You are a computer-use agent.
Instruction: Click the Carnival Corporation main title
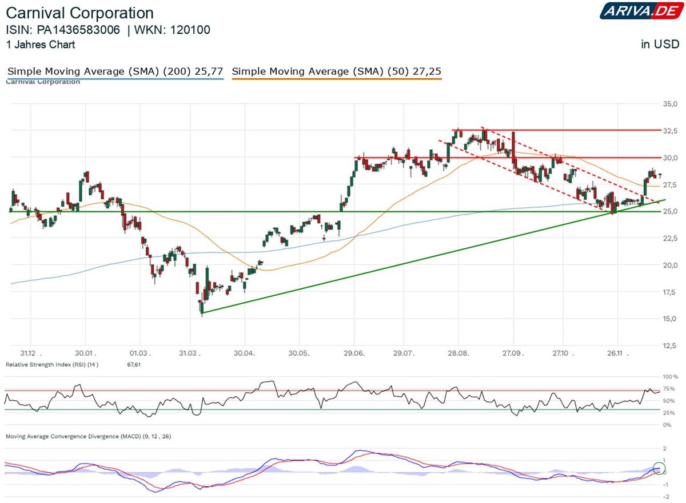tap(79, 13)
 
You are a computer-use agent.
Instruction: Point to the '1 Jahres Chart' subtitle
tap(41, 45)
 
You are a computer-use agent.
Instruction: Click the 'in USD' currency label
tap(660, 45)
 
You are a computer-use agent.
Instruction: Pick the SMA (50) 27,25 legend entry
tap(337, 71)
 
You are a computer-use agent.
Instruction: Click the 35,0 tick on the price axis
tap(669, 104)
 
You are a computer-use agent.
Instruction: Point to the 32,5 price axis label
tap(669, 131)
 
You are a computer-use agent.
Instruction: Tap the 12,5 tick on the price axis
tap(669, 345)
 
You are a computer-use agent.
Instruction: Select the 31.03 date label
tap(191, 353)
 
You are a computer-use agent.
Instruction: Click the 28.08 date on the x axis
tap(458, 353)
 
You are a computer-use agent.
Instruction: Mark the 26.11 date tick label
tap(616, 353)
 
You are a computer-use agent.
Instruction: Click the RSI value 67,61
tap(133, 364)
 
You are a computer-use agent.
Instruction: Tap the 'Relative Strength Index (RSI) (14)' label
tap(52, 364)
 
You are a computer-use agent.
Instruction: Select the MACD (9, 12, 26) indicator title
tap(89, 436)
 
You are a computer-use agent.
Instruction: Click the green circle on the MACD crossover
tap(659, 468)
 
